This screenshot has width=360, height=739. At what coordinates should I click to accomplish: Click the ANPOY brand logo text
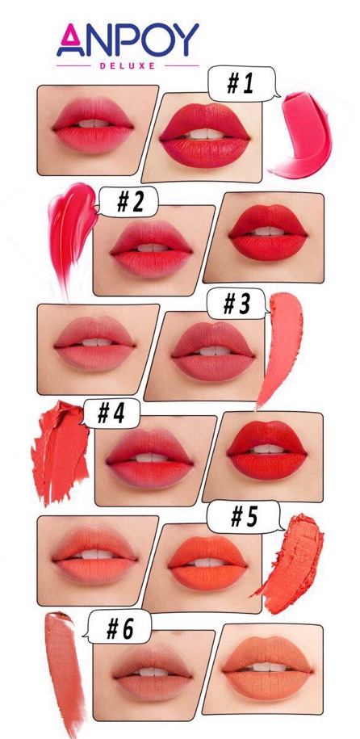click(x=128, y=40)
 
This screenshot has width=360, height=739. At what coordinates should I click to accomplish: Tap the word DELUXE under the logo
click(x=128, y=66)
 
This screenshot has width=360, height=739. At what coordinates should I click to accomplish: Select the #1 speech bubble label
click(x=241, y=83)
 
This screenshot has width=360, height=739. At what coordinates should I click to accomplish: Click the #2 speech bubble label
click(x=129, y=202)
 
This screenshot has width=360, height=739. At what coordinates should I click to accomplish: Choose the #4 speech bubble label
click(x=111, y=414)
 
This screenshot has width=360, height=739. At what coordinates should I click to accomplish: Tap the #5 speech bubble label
click(x=244, y=517)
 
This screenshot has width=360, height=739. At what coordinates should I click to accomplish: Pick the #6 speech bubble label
click(x=119, y=628)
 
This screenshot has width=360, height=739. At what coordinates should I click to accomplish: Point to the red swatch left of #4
click(x=59, y=451)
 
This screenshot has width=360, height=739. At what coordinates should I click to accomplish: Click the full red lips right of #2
click(x=268, y=233)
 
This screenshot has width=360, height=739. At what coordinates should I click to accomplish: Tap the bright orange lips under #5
click(x=207, y=563)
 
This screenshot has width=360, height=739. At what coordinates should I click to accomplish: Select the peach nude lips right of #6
click(x=267, y=668)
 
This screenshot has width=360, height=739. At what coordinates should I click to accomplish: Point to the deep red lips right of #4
click(x=266, y=450)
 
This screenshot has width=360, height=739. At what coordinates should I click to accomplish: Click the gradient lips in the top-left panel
click(x=93, y=125)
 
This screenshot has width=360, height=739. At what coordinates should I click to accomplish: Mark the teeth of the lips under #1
click(x=204, y=134)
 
